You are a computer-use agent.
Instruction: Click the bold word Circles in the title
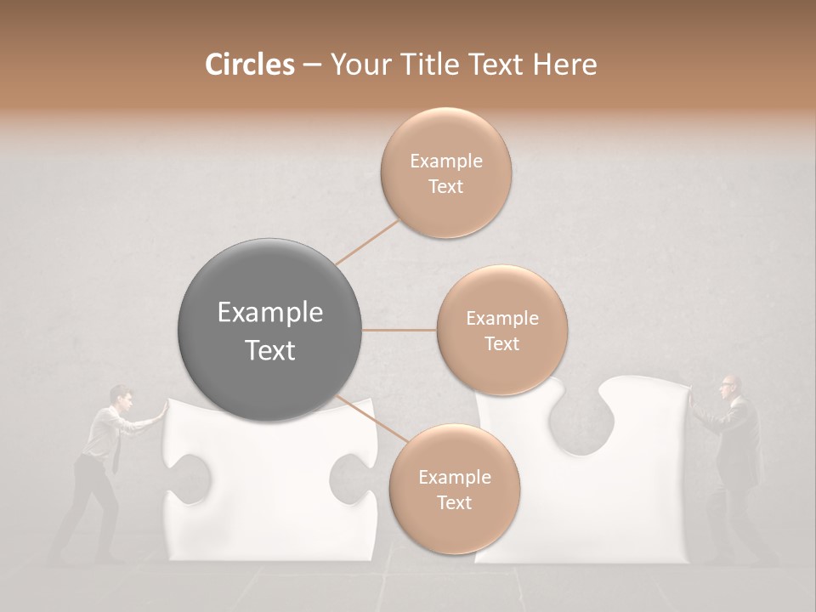(x=249, y=65)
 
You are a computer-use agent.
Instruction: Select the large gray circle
(x=270, y=330)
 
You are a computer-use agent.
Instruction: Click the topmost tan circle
(x=445, y=173)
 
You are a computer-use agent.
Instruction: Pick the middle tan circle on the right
(x=501, y=330)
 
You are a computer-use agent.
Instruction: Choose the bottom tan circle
(x=454, y=490)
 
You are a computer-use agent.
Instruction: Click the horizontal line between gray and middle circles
(x=399, y=330)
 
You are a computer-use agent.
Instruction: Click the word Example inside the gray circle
(x=270, y=313)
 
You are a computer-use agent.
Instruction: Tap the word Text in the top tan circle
(x=445, y=186)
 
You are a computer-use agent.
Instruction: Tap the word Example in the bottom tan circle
(x=454, y=477)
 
